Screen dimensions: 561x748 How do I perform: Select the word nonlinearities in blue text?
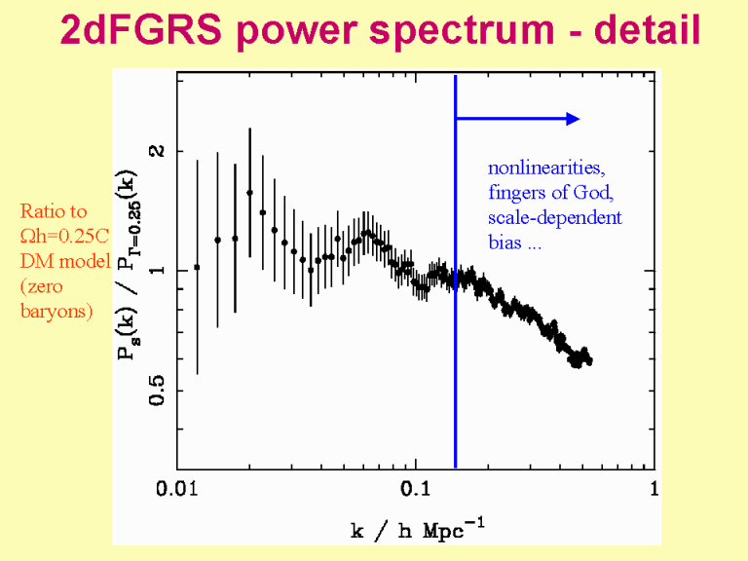pyautogui.click(x=538, y=167)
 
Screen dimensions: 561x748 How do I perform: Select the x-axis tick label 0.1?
pyautogui.click(x=416, y=487)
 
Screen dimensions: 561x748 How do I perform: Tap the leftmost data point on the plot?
pyautogui.click(x=198, y=267)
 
